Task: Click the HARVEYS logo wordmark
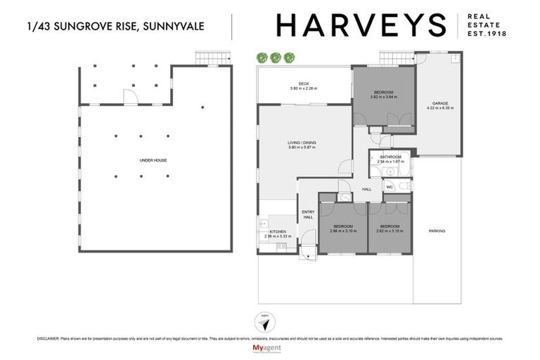pyautogui.click(x=361, y=25)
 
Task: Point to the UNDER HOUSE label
pyautogui.click(x=153, y=160)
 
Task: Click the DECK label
pyautogui.click(x=304, y=84)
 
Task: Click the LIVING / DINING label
pyautogui.click(x=302, y=143)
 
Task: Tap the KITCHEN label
pyautogui.click(x=277, y=232)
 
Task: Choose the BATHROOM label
pyautogui.click(x=390, y=157)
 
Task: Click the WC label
pyautogui.click(x=389, y=187)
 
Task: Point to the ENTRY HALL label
pyautogui.click(x=308, y=214)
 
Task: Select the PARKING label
pyautogui.click(x=437, y=231)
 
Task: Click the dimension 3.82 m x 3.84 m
pyautogui.click(x=384, y=97)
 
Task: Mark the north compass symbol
pyautogui.click(x=264, y=319)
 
